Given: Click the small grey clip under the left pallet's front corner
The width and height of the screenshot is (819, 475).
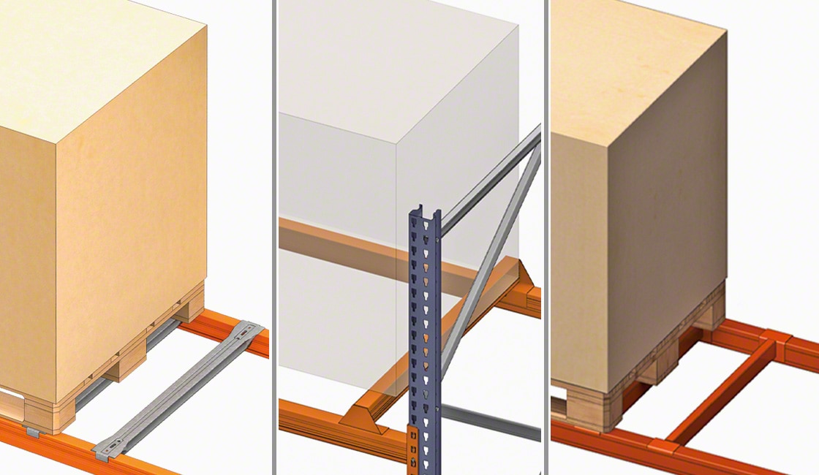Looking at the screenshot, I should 32,432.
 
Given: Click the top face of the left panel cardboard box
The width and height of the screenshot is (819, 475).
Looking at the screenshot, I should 88,66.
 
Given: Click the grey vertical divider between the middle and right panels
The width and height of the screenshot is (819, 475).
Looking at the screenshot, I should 546,237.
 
